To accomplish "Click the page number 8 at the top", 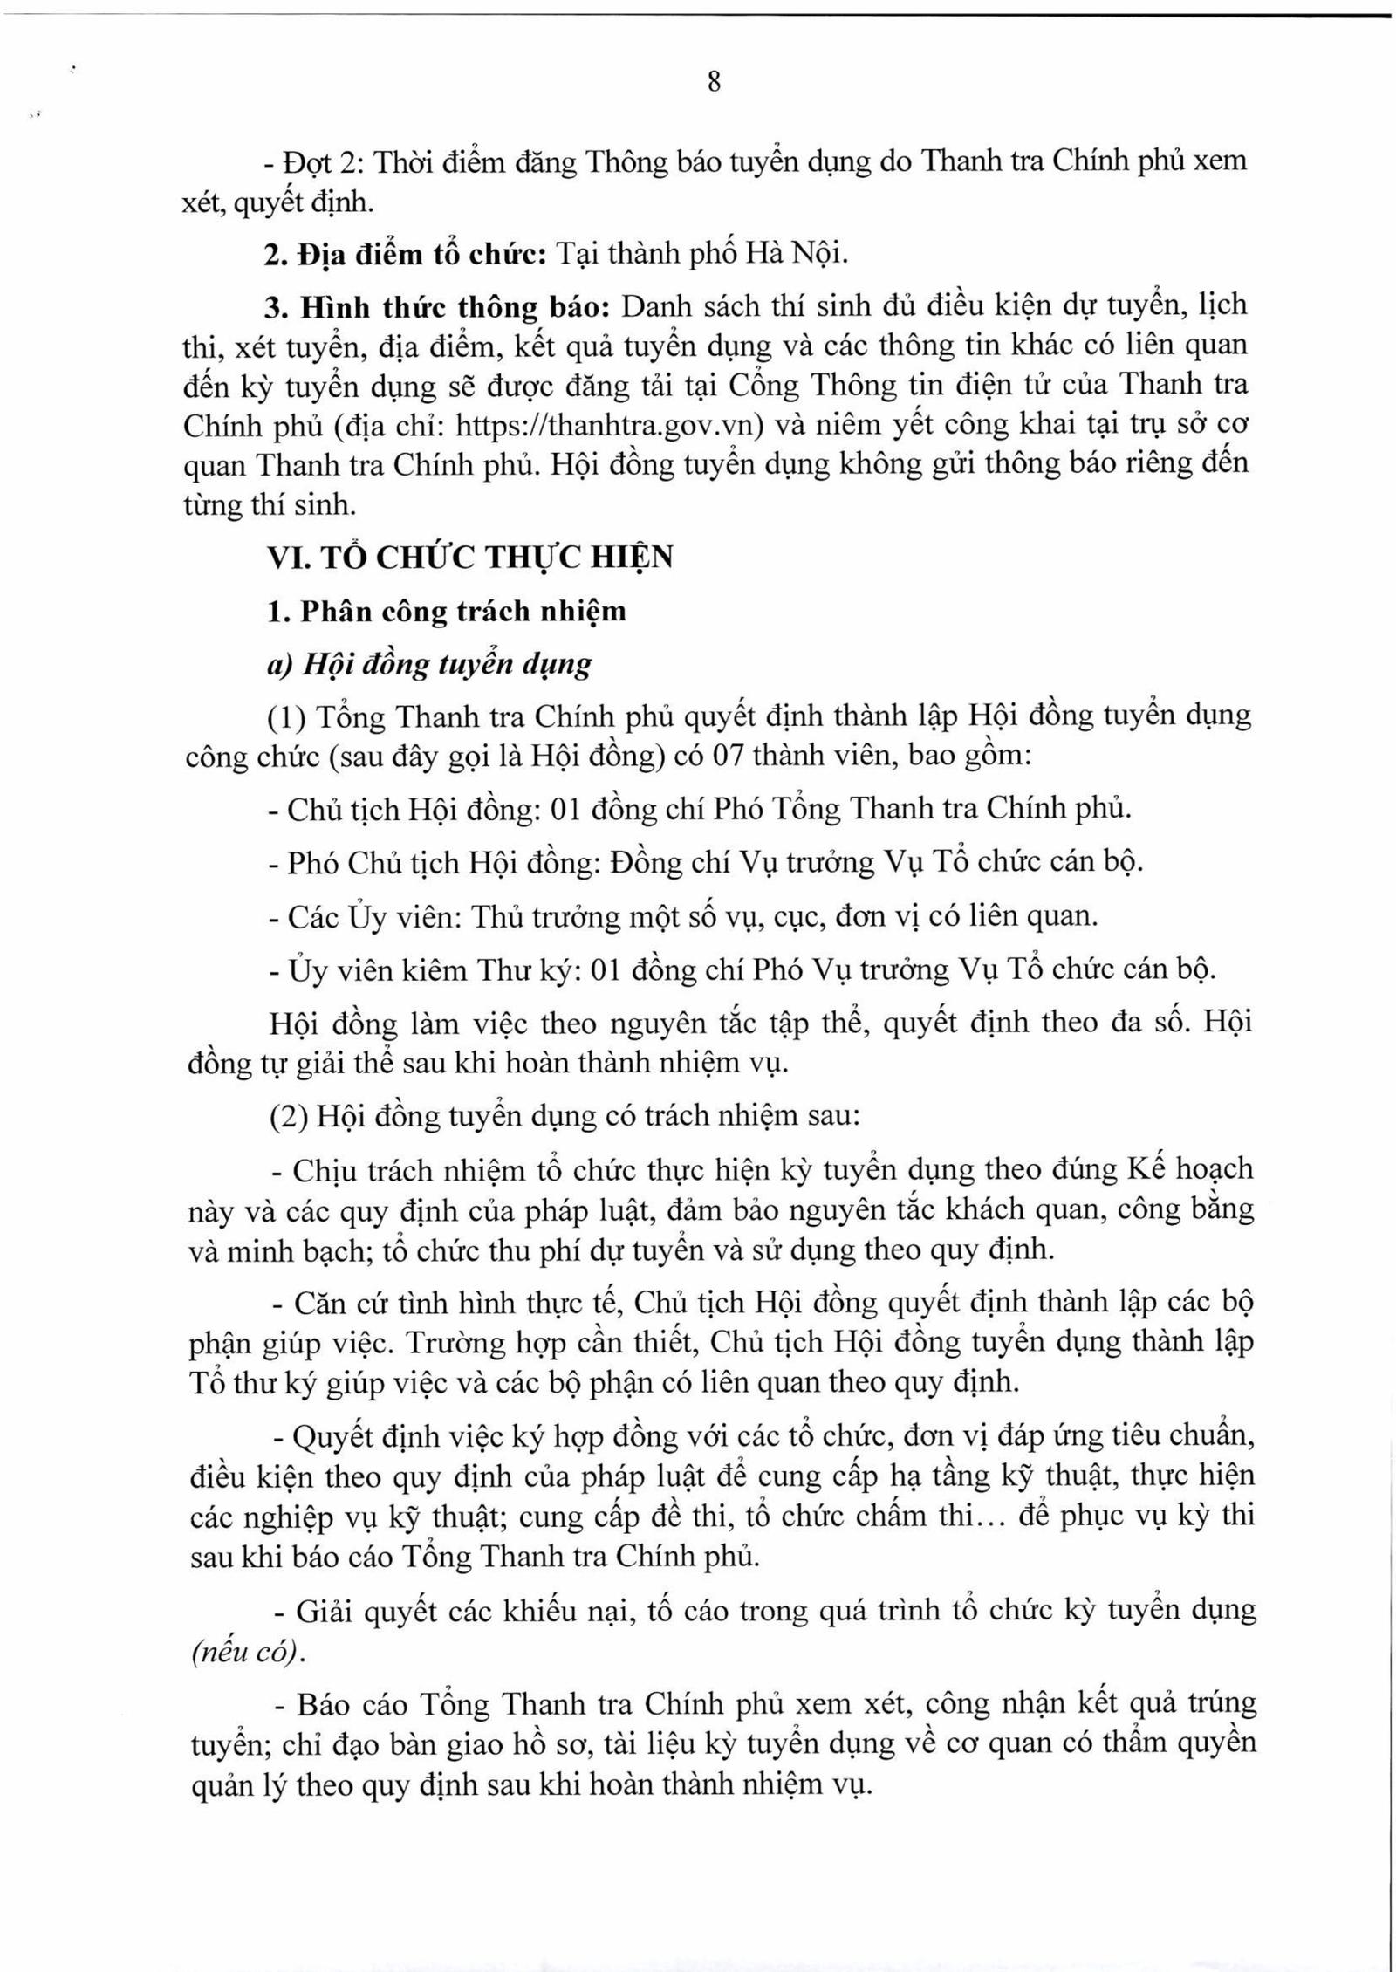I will [x=713, y=83].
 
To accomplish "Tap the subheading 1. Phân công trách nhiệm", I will [x=446, y=611].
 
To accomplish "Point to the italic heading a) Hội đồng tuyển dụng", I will [x=428, y=664].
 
